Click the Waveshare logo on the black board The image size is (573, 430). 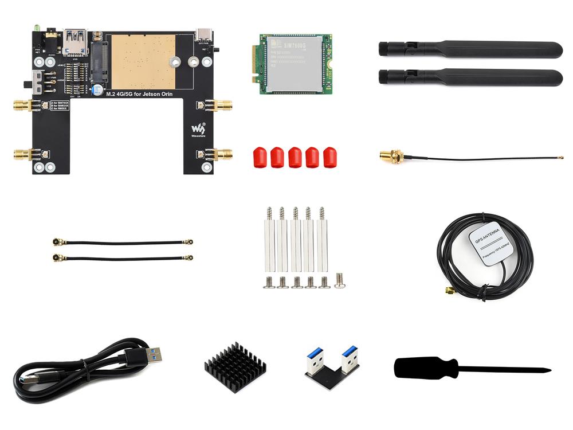197,129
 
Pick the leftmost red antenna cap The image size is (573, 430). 260,157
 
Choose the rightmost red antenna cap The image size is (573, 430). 330,157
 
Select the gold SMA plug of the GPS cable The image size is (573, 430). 449,291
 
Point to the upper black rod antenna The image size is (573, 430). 470,49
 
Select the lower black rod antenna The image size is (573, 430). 470,77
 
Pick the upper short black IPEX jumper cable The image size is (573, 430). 123,243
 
